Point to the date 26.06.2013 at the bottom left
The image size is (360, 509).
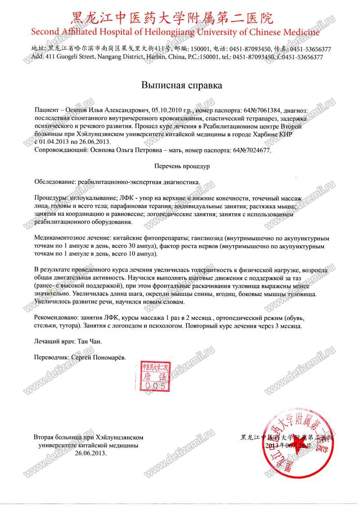[91, 454]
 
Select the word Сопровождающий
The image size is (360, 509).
[59, 150]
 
